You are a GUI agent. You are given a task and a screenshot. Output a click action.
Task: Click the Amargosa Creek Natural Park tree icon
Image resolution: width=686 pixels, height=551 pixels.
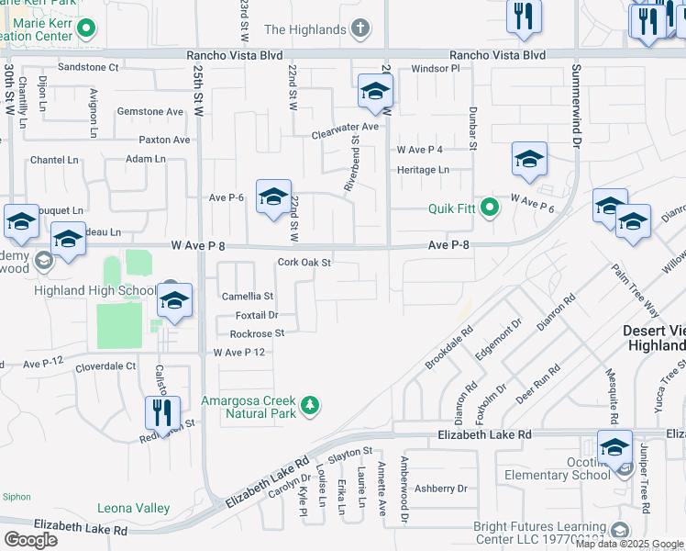(311, 405)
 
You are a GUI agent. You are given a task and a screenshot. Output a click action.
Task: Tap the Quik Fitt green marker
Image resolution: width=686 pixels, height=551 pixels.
(489, 208)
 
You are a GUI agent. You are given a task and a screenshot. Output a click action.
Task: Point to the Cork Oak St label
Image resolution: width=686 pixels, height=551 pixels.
(304, 263)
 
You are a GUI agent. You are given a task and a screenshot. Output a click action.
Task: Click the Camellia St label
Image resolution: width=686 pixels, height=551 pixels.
(248, 297)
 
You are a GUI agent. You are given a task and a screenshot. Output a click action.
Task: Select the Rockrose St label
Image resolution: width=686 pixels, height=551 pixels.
(257, 333)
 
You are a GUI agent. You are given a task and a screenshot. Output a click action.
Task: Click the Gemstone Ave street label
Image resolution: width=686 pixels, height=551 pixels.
(150, 112)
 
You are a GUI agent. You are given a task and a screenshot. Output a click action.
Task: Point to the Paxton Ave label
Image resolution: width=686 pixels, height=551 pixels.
(164, 140)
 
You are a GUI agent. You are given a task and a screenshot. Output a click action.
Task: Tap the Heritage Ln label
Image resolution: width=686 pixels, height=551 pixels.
(423, 170)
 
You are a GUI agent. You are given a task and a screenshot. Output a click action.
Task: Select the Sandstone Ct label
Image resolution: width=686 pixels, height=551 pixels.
(89, 67)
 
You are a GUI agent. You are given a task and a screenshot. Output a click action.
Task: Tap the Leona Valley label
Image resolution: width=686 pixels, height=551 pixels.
(134, 508)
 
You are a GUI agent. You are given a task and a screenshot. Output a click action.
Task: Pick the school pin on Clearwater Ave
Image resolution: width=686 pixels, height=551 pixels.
(375, 91)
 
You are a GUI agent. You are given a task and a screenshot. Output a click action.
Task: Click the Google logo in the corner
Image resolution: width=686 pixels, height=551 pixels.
(30, 540)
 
